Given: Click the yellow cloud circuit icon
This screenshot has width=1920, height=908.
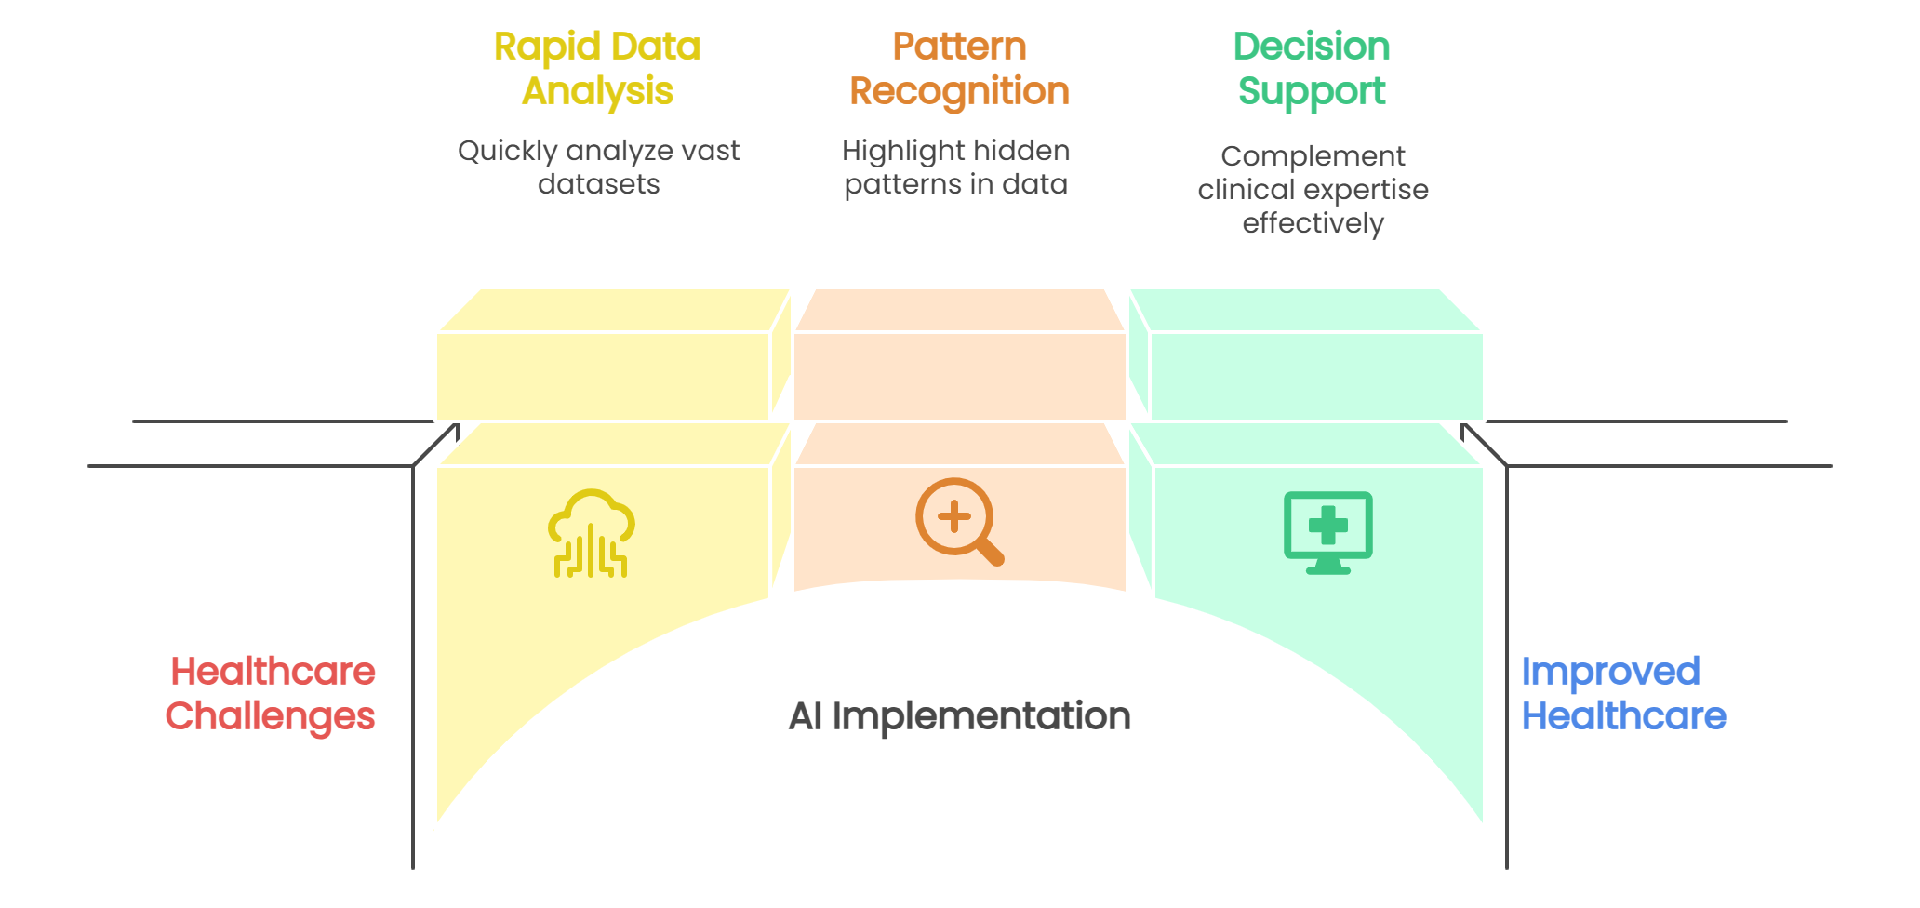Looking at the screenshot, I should (592, 533).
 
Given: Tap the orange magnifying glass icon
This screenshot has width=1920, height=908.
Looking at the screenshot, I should (959, 521).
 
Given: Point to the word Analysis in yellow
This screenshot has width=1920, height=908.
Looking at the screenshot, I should (597, 91).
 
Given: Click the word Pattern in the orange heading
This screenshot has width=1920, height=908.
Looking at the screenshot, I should (959, 47).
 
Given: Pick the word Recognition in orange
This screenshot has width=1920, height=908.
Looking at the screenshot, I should (959, 91).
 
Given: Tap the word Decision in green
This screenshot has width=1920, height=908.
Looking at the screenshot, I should (1312, 47).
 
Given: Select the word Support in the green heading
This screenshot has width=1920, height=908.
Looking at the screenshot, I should (1312, 92).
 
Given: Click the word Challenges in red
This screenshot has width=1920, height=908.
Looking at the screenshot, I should (271, 716).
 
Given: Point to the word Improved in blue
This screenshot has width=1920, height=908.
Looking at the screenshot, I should (1611, 672).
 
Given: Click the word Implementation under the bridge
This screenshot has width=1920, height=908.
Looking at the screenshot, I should (981, 716).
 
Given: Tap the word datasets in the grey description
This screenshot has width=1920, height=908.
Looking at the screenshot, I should (598, 184).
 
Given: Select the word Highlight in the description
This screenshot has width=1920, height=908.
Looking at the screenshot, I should (900, 151).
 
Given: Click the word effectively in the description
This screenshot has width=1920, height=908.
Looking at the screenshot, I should (1313, 223).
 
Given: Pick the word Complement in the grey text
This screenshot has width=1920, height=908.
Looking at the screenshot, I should (1313, 156).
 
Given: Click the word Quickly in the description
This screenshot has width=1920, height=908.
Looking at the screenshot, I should (508, 152).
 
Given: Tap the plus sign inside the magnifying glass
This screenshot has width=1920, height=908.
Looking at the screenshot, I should (954, 516).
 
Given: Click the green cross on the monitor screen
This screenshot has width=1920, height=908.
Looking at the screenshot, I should (1327, 525).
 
